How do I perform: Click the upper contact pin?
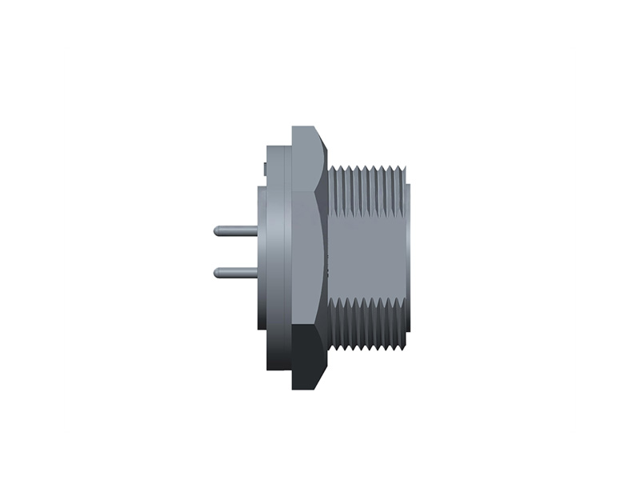click(x=237, y=231)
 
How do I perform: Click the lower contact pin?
click(x=237, y=273)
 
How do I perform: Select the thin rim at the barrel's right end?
click(x=406, y=256)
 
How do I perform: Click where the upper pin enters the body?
click(x=257, y=231)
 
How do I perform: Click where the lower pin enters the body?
click(x=257, y=273)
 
